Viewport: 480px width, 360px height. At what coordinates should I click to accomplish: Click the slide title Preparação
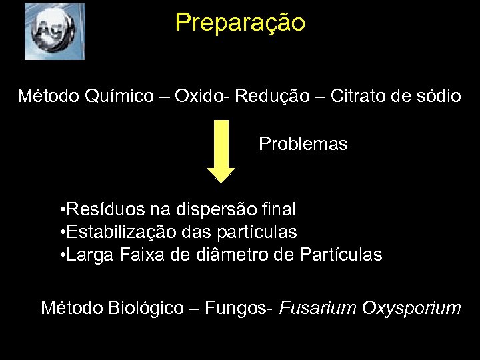pos(240,23)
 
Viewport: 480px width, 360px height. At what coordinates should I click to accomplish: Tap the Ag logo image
pos(55,31)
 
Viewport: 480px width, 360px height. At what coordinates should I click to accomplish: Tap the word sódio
pos(437,97)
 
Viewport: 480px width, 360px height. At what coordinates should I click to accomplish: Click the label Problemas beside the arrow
pos(303,144)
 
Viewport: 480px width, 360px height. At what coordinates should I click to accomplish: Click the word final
pos(281,209)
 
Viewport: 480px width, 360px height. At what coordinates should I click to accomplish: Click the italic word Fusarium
pos(318,308)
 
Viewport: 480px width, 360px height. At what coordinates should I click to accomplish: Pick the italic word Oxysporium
pos(411,309)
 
